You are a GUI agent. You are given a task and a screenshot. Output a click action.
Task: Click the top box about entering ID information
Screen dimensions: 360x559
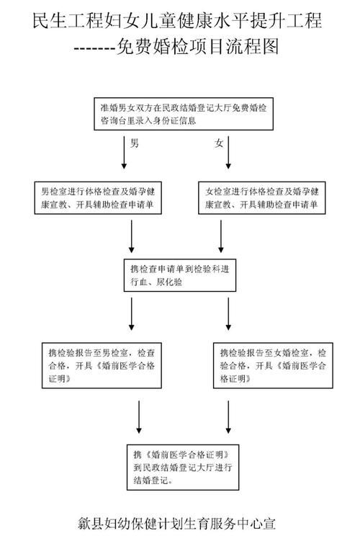tap(184, 114)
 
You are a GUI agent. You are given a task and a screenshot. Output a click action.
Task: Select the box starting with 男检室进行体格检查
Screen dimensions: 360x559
tap(98, 198)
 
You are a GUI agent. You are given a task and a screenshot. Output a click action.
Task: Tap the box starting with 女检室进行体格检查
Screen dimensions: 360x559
tap(262, 198)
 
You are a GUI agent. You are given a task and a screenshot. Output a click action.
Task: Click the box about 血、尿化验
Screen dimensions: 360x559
tap(180, 275)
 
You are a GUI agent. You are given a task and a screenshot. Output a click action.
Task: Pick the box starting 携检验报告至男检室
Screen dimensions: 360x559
tap(102, 365)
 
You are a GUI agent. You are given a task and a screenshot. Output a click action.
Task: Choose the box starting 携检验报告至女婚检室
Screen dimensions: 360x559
tap(273, 365)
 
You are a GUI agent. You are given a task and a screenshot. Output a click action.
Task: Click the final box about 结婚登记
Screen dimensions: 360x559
tap(183, 467)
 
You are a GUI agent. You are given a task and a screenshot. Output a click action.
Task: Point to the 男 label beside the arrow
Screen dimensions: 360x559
tap(135, 143)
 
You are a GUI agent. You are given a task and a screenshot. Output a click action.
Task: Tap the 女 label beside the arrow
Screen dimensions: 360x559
tap(218, 143)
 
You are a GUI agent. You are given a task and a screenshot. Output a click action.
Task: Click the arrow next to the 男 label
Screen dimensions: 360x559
tap(124, 153)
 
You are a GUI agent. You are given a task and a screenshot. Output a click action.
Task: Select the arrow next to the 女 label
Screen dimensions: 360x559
tap(228, 153)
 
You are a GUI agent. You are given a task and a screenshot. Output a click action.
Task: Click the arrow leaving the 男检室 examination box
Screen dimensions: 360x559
tap(132, 236)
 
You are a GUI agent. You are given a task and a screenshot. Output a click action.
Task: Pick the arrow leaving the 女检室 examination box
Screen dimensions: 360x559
tap(221, 236)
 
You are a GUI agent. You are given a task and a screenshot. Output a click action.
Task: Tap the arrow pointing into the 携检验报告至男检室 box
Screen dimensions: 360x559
tap(132, 314)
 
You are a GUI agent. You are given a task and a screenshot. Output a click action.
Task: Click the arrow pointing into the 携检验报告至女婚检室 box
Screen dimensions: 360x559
tap(228, 314)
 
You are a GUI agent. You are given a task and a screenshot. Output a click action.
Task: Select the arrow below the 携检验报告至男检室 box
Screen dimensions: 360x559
tap(139, 417)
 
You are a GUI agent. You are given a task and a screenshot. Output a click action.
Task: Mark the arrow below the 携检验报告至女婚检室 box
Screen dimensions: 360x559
tap(228, 417)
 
